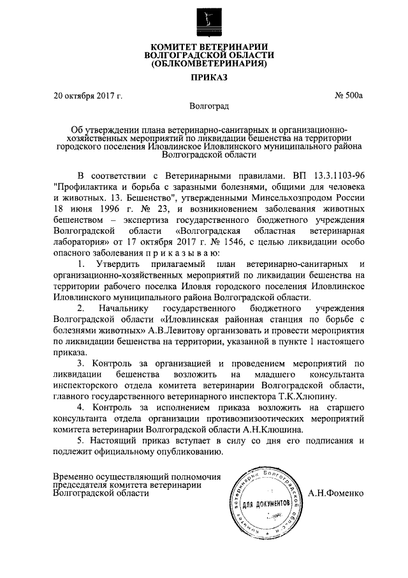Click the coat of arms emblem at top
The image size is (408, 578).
[203, 20]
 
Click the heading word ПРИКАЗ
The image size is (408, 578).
[203, 78]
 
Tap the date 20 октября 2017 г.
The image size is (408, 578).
[88, 96]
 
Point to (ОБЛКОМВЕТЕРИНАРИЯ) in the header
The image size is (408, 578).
[203, 64]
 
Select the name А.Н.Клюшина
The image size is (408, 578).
[256, 431]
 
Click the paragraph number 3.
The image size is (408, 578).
[80, 363]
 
